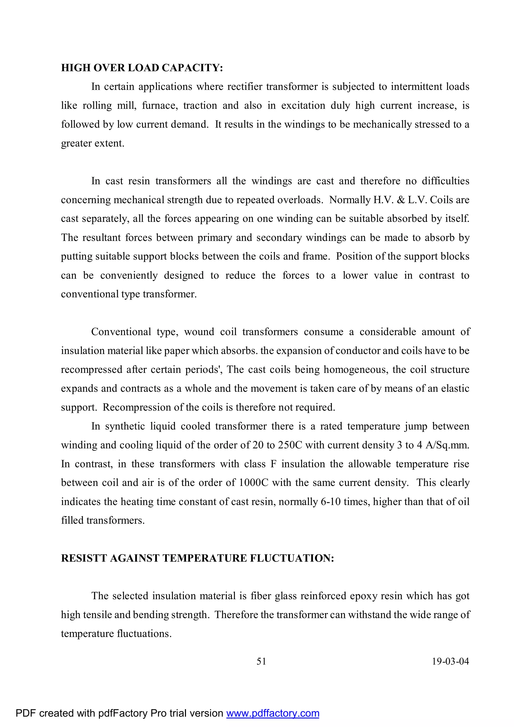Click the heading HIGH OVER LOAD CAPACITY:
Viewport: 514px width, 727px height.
coord(142,68)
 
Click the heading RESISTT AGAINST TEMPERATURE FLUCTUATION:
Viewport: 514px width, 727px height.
coord(198,558)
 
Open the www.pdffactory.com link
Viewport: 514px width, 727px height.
coord(273,713)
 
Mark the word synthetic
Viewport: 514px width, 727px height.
coord(125,426)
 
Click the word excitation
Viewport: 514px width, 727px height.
coord(303,105)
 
